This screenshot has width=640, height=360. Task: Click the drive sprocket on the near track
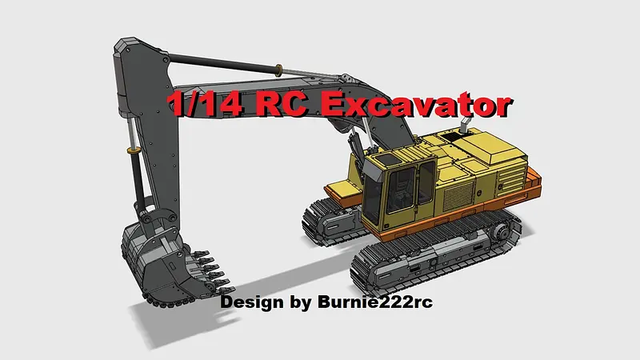click(x=500, y=233)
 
